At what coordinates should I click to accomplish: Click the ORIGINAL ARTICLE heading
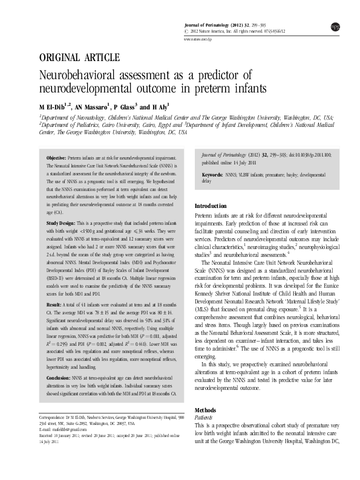pyautogui.click(x=79, y=58)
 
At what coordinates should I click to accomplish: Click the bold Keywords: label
pyautogui.click(x=213, y=174)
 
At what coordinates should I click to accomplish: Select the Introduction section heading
pyautogui.click(x=211, y=206)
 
